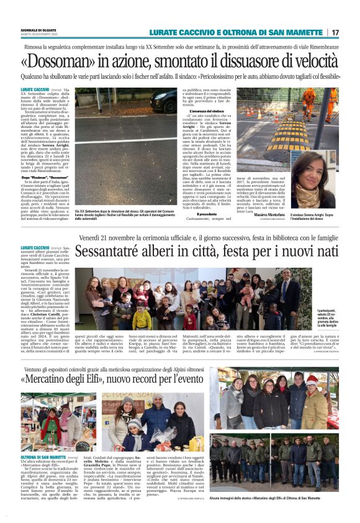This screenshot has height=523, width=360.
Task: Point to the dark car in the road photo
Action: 163,100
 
